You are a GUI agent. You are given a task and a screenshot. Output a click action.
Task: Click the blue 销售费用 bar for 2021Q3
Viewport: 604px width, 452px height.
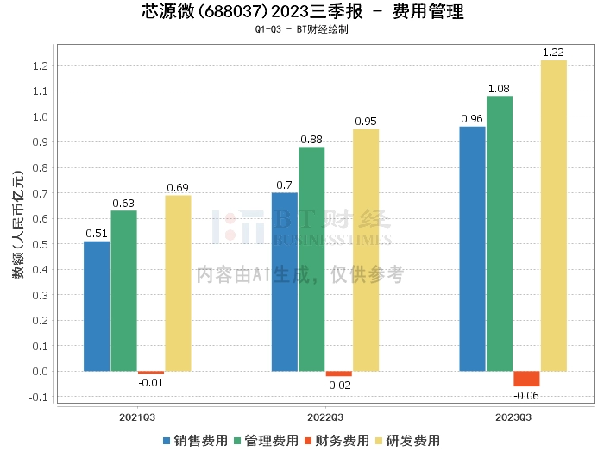point(97,306)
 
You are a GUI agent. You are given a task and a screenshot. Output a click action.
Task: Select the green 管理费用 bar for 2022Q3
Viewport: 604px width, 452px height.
point(311,259)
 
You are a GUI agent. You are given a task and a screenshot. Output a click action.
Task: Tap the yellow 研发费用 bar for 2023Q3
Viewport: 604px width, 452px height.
point(553,216)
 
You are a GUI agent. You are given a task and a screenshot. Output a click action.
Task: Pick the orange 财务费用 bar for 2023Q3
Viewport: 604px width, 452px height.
point(526,379)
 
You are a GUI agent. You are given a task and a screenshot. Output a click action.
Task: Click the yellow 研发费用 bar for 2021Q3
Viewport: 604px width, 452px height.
point(178,283)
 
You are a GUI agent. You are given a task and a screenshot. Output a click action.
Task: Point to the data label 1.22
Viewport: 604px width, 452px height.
point(553,53)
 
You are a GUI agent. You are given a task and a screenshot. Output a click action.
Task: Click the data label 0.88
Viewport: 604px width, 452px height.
point(311,140)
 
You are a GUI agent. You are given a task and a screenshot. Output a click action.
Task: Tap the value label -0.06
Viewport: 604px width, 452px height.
point(526,396)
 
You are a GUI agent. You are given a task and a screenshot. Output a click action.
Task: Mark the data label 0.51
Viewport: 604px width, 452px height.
point(97,233)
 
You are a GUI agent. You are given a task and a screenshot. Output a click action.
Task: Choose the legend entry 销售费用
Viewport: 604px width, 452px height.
point(195,440)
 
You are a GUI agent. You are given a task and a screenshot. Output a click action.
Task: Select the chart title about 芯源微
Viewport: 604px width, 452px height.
point(301,12)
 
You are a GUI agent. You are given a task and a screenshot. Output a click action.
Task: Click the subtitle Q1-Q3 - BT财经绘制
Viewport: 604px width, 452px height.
point(301,29)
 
